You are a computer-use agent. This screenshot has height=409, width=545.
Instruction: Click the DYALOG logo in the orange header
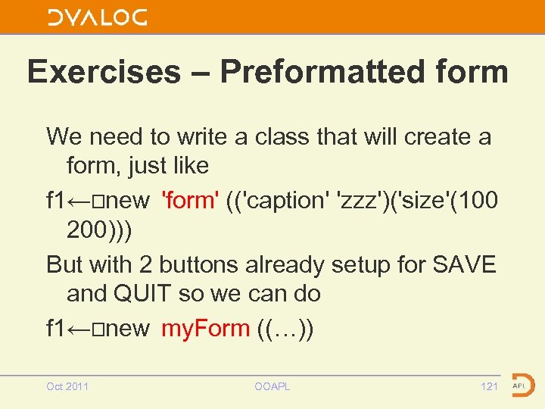tap(97, 17)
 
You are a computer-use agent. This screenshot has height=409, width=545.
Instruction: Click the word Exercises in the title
tap(104, 72)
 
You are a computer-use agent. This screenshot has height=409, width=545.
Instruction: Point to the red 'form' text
tap(190, 201)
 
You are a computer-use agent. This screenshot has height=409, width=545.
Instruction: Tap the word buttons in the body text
tap(206, 264)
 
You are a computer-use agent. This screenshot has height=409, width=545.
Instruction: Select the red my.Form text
tap(205, 328)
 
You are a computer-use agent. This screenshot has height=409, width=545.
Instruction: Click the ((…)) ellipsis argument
tap(285, 328)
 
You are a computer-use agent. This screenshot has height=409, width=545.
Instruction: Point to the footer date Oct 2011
tap(67, 386)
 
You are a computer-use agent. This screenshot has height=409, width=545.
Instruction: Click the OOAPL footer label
tap(272, 386)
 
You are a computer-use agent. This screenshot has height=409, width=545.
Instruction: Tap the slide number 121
tap(489, 386)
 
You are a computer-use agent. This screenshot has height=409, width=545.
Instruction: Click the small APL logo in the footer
tap(522, 385)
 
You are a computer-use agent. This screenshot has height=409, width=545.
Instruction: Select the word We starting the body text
tap(63, 137)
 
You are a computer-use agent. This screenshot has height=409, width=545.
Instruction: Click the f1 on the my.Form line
tap(56, 328)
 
